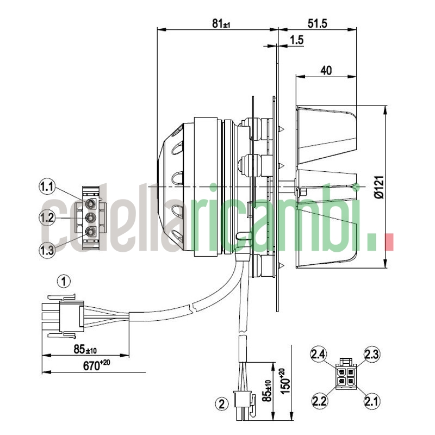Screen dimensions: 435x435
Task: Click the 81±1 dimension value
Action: point(221,23)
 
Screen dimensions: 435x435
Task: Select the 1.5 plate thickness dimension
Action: point(297,40)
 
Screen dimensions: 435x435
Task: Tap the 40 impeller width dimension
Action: point(326,70)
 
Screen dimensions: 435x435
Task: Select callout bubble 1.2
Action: point(47,219)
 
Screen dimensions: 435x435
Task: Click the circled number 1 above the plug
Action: point(64,281)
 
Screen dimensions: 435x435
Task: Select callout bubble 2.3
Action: point(371,355)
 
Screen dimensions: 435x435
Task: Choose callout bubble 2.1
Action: point(371,401)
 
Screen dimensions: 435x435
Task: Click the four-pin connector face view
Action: point(345,374)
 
